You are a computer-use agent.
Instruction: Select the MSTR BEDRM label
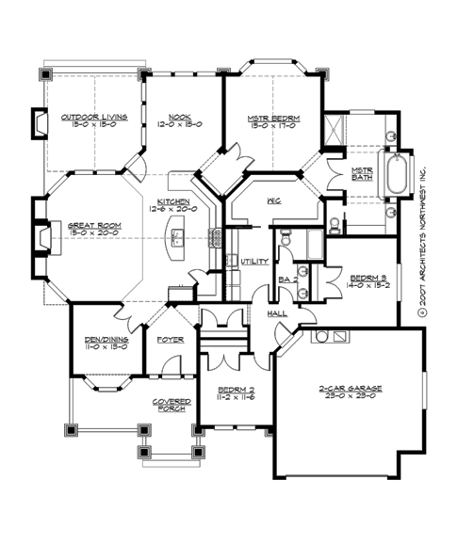click(x=273, y=118)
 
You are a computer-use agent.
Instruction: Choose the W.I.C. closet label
click(x=276, y=201)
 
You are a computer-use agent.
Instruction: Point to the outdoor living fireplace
click(x=41, y=122)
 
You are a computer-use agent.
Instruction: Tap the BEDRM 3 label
click(x=367, y=279)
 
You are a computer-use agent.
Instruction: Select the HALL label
click(x=279, y=313)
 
